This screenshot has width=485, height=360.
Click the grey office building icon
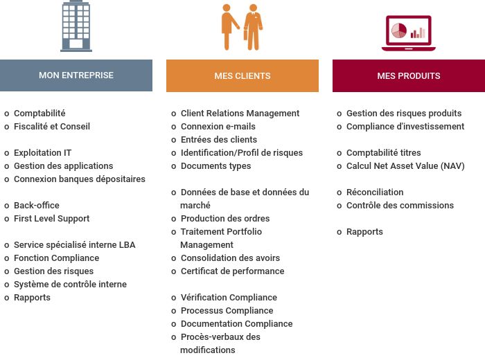[x=76, y=26]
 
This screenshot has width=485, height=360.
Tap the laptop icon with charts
[x=409, y=33]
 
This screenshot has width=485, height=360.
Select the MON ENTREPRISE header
[x=76, y=75]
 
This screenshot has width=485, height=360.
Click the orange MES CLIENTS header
[x=242, y=75]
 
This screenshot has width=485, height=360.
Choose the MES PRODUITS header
[x=409, y=75]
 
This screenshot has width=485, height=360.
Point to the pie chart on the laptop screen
[x=399, y=31]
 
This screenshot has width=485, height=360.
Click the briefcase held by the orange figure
[x=245, y=35]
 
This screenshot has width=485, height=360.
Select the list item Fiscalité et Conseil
[x=52, y=127]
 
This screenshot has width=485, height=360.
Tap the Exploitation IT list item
[x=43, y=152]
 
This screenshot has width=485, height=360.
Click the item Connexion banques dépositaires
[x=80, y=179]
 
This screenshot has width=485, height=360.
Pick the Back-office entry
[x=37, y=206]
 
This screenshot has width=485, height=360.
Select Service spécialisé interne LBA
[x=75, y=245]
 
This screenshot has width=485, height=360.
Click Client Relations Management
[x=240, y=114]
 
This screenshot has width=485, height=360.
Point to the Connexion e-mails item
[x=218, y=127]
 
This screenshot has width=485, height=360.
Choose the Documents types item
[x=216, y=166]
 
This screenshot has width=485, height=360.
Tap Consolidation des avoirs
[x=231, y=258]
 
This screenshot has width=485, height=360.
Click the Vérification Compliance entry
[x=229, y=298]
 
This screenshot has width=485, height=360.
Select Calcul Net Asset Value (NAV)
[x=405, y=166]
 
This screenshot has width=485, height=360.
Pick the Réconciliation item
[x=375, y=192]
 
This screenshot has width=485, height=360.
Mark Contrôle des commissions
[x=400, y=206]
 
